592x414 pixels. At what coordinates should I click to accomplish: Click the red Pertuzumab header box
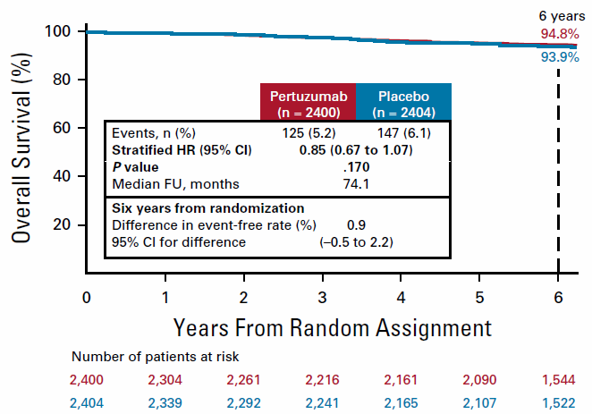308,102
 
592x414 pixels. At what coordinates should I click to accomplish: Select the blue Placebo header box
402,102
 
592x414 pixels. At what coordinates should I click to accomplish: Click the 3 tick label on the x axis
323,296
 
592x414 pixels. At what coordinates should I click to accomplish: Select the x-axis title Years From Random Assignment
332,325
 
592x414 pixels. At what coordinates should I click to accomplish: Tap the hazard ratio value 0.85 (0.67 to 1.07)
355,149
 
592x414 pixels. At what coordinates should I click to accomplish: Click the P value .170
356,166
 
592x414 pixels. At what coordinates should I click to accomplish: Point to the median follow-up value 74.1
356,184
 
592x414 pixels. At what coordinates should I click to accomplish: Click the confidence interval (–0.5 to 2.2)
356,242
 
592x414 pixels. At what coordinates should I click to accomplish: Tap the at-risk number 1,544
559,379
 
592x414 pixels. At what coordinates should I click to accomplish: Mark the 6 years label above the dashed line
560,16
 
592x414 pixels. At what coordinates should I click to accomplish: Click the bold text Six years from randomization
195,207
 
